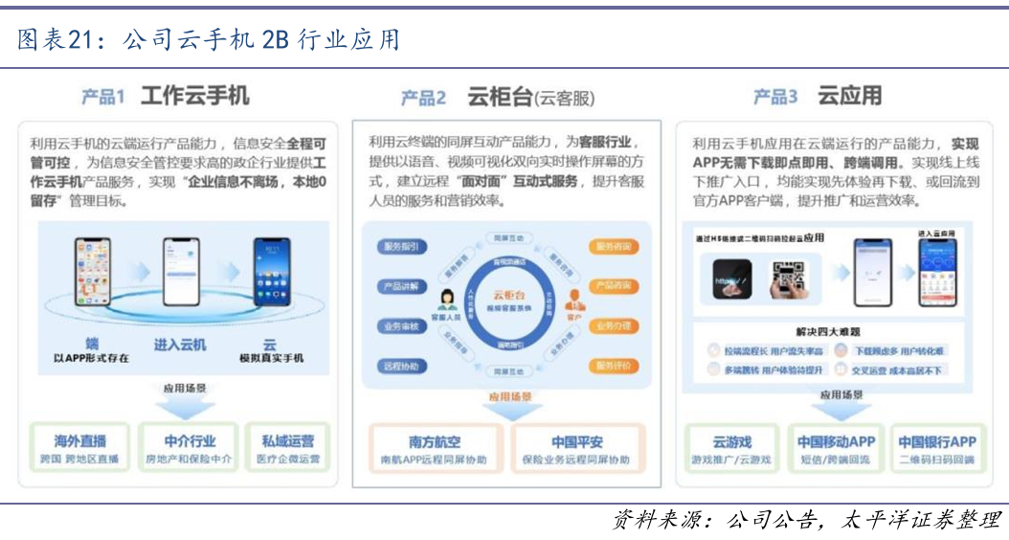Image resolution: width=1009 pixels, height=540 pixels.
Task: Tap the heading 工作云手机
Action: click(x=194, y=96)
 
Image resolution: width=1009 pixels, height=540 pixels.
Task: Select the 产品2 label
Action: click(x=423, y=98)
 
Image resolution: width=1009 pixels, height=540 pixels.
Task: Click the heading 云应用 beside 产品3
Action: click(x=849, y=96)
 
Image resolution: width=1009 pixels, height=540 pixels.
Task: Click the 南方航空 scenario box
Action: click(x=435, y=450)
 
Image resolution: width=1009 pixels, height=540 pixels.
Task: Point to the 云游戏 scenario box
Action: click(x=732, y=449)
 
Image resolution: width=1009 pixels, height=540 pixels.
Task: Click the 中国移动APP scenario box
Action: click(x=836, y=449)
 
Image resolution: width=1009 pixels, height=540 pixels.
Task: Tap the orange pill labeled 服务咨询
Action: click(x=613, y=247)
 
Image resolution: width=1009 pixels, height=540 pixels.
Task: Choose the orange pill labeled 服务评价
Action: click(x=613, y=366)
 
